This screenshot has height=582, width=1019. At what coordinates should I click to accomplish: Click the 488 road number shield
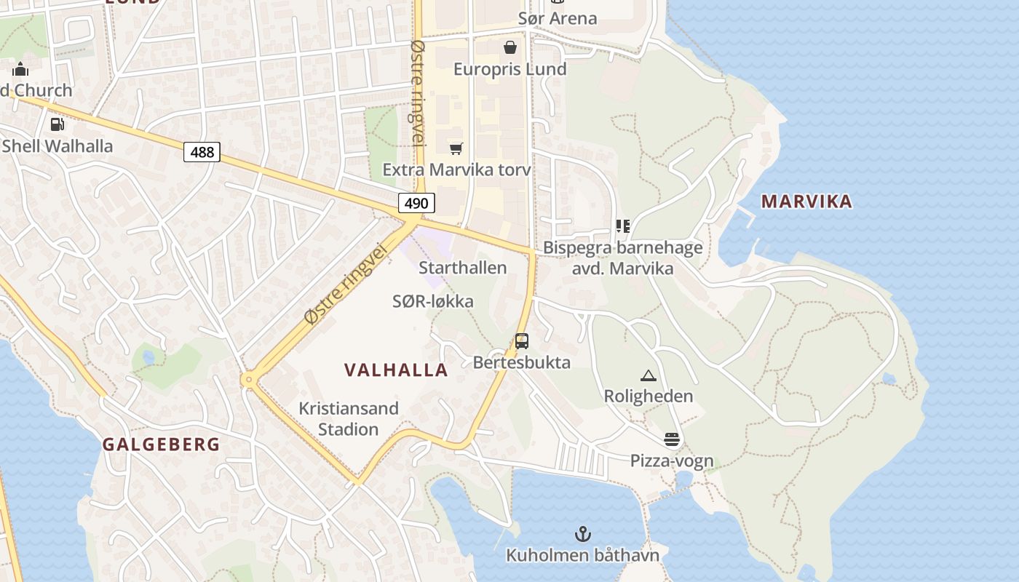[x=202, y=152]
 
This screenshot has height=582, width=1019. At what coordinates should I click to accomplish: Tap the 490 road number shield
[x=416, y=203]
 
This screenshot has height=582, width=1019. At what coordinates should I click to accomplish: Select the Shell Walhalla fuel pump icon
[x=57, y=124]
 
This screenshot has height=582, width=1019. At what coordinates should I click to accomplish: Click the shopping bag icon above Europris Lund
[x=510, y=47]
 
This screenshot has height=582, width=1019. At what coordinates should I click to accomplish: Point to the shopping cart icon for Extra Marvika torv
[x=456, y=148]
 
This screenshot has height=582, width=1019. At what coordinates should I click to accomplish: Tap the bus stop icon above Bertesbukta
[x=521, y=340]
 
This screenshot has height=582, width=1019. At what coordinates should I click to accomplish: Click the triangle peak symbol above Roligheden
[x=648, y=375]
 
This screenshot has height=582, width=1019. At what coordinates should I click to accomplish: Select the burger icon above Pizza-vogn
[x=671, y=439]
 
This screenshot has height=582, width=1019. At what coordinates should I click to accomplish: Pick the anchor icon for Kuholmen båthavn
[x=582, y=535]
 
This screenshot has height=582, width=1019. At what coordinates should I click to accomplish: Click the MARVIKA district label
[x=806, y=202]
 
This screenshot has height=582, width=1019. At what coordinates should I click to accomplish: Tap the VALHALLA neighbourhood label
[x=396, y=370]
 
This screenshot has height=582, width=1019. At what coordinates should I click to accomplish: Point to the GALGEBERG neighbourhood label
[x=161, y=445]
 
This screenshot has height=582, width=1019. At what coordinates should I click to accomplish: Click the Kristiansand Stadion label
[x=349, y=418]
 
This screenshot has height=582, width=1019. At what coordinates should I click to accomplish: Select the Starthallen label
[x=462, y=268]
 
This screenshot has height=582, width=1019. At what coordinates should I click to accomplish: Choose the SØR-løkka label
[x=433, y=301]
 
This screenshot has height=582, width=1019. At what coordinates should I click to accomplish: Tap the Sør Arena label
[x=558, y=18]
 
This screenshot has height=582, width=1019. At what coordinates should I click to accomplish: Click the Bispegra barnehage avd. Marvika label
[x=623, y=258]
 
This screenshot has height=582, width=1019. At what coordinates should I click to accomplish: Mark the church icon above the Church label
[x=20, y=69]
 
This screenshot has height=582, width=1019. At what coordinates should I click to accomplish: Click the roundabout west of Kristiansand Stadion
[x=250, y=379]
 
